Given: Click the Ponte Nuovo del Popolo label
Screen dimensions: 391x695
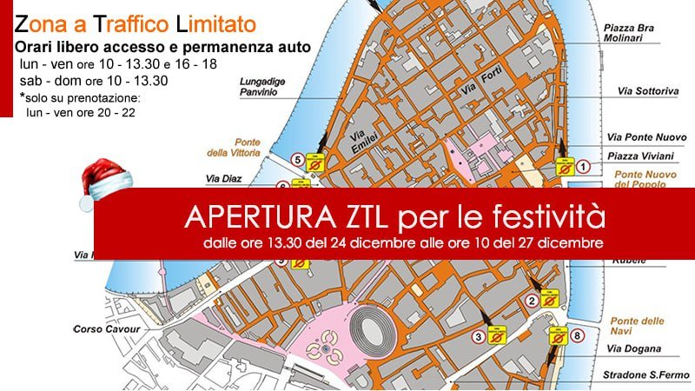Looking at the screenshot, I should (x=645, y=179).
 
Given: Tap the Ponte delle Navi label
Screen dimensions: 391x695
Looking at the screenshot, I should (x=637, y=326).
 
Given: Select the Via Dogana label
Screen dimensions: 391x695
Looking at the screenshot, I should (x=635, y=349).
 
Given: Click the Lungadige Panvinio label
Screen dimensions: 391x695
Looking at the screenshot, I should (x=263, y=85).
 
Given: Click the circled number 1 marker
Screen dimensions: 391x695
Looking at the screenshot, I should (x=584, y=165).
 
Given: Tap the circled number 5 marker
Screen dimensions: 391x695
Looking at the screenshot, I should (x=298, y=160).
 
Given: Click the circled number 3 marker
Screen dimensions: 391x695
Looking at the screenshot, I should (x=478, y=336).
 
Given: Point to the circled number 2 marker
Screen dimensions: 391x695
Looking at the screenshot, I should (x=531, y=302).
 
